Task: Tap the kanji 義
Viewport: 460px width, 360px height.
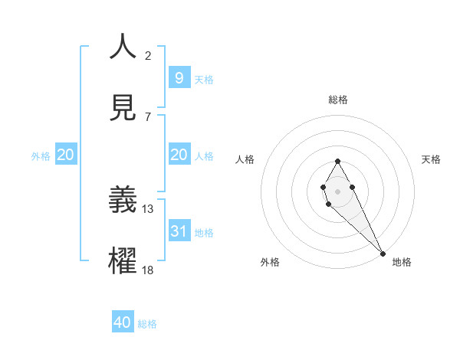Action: click(123, 200)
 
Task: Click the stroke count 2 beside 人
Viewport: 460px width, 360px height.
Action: click(148, 55)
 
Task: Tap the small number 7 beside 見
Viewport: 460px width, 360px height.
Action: click(147, 116)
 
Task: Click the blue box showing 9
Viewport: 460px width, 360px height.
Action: click(179, 77)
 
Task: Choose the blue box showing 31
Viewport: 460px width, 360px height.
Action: click(179, 231)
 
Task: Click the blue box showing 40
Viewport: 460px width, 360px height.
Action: click(123, 322)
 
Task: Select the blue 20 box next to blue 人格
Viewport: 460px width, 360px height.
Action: click(179, 155)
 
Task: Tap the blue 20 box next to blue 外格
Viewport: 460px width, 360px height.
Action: click(66, 155)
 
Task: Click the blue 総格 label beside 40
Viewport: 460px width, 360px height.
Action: click(147, 324)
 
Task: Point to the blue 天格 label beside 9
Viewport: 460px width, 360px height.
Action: click(203, 79)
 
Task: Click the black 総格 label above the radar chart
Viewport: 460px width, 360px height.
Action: click(337, 100)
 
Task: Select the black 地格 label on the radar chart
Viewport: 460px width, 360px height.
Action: click(402, 262)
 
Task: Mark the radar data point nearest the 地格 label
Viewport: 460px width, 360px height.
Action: click(383, 253)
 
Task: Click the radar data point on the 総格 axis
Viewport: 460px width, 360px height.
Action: click(337, 161)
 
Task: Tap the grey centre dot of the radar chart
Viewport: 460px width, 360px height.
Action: click(337, 190)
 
